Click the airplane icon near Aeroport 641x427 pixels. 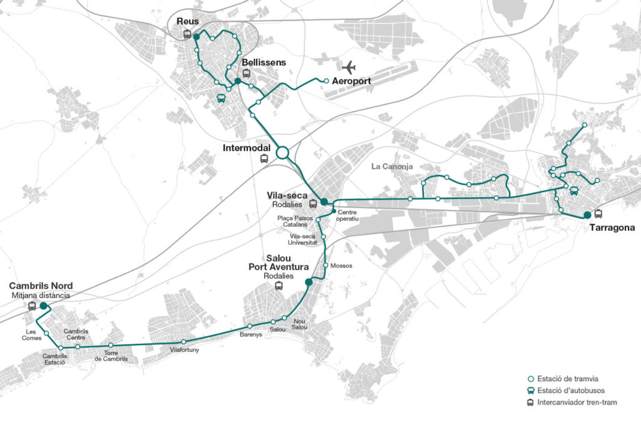pos(349,67)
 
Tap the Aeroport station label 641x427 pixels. pos(351,81)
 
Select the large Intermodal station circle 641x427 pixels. pos(282,152)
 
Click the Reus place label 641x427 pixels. pos(188,22)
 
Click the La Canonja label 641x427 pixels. pos(394,167)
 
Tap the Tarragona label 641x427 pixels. pos(612,228)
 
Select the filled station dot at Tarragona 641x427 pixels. pos(587,215)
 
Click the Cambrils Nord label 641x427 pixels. pos(41,286)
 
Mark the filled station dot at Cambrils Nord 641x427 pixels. pos(43,306)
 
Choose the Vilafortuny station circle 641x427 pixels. pos(184,342)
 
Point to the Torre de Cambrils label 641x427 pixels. pos(111,356)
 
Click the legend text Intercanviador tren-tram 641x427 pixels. pos(577,402)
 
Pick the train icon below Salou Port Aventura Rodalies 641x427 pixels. pos(279,286)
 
